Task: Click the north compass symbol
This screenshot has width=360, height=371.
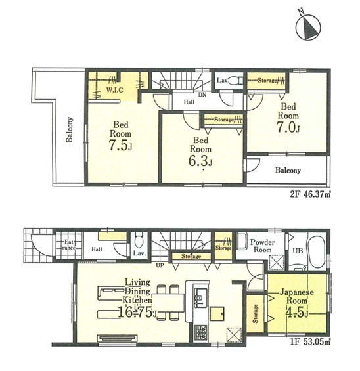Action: click(x=308, y=27)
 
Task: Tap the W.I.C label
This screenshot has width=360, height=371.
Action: click(x=114, y=90)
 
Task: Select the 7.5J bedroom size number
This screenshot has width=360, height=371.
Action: click(x=120, y=145)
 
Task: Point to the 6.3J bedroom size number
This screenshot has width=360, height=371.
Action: click(x=200, y=161)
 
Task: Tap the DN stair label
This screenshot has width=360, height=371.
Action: click(x=202, y=95)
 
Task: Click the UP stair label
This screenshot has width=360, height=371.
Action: click(x=160, y=265)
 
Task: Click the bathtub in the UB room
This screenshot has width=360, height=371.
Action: click(x=316, y=251)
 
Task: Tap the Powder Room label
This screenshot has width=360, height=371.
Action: click(x=263, y=246)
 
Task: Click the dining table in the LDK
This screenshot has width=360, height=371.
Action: click(x=168, y=303)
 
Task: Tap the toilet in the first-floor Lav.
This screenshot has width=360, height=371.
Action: click(x=139, y=240)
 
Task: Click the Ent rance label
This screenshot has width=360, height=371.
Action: click(x=69, y=245)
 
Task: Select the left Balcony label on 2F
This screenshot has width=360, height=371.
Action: click(x=70, y=129)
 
